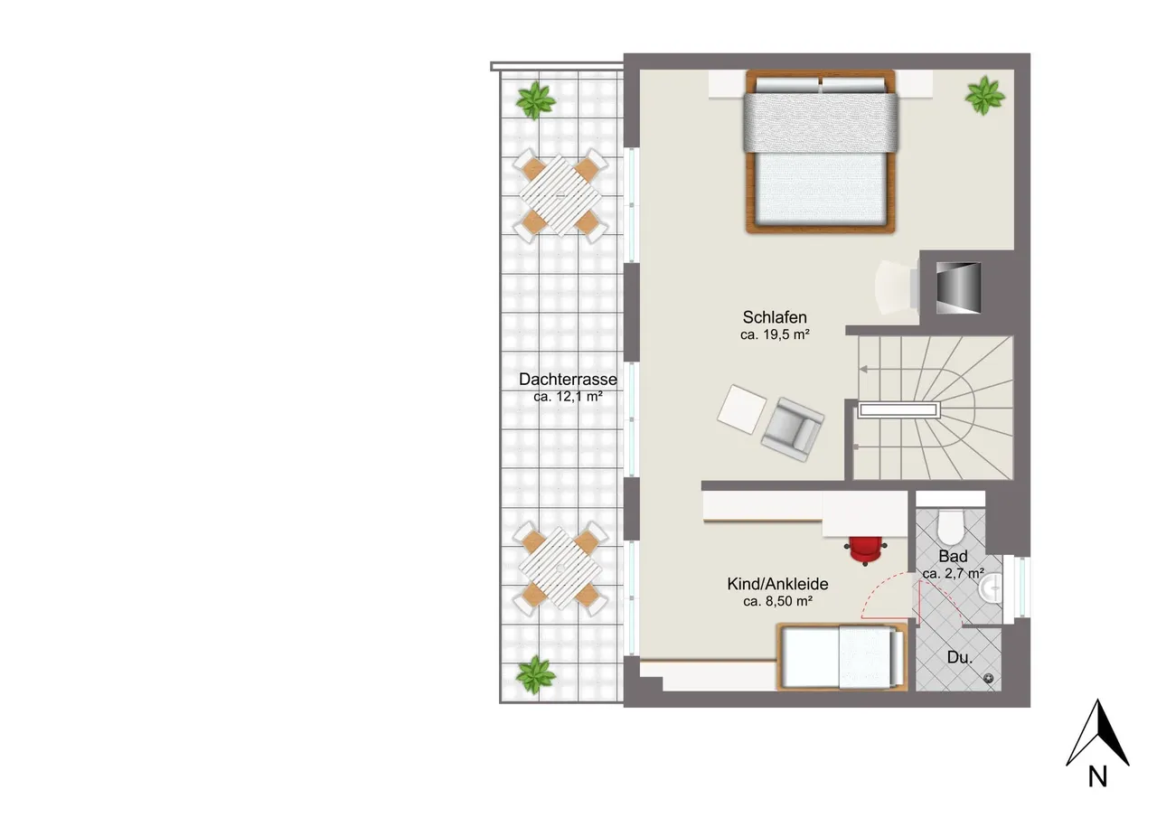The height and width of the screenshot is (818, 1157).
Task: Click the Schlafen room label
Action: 775,317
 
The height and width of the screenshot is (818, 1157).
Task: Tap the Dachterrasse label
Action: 568,380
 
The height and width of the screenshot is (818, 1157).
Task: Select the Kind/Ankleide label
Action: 777,584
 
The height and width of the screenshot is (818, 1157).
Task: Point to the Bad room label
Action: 953,556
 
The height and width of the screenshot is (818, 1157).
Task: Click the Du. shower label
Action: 960,657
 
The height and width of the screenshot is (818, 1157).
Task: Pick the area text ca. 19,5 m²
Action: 775,334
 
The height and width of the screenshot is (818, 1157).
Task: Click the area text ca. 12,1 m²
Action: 568,397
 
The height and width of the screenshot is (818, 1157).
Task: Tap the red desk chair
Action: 866,550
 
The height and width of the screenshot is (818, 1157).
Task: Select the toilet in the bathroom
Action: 950,526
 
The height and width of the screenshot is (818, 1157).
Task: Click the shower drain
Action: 989,679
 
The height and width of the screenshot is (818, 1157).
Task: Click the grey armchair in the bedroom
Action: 793,429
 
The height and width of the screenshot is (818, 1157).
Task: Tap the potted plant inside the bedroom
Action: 985,96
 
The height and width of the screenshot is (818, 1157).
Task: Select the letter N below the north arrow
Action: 1098,776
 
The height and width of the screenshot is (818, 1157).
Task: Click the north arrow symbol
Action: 1097,732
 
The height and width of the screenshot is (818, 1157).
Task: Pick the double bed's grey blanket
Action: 821,123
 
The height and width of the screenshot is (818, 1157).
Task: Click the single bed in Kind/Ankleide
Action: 842,656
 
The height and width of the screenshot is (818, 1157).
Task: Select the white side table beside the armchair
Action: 742,409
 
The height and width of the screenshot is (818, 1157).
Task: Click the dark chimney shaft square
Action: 958,287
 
